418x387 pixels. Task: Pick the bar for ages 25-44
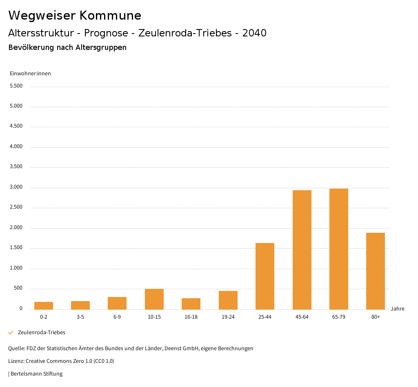(265, 276)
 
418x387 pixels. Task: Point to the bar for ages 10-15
(154, 299)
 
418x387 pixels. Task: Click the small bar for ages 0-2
(44, 306)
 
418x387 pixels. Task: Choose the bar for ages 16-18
(191, 304)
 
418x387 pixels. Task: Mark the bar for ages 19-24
(228, 300)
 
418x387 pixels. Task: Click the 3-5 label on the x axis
(80, 317)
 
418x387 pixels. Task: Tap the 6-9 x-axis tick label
(117, 317)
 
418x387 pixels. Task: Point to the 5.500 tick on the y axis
(16, 86)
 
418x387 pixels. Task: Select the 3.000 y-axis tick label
(16, 187)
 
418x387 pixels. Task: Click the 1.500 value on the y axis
(16, 248)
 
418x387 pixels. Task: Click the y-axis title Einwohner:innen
(30, 74)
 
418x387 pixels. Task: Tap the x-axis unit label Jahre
(398, 309)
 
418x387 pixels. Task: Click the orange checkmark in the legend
(11, 333)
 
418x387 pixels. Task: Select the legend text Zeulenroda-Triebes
(42, 333)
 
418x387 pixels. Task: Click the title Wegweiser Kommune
(75, 16)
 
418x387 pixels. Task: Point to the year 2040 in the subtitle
(254, 33)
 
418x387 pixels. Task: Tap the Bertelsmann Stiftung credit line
(36, 373)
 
